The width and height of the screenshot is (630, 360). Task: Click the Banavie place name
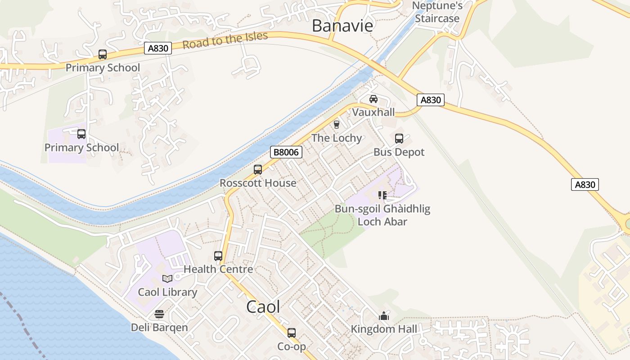click(342, 26)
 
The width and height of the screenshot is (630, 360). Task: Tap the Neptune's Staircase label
click(437, 12)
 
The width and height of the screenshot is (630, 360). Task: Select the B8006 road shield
click(286, 152)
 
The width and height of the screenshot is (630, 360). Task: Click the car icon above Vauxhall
click(373, 99)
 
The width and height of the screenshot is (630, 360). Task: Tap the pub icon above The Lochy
click(336, 125)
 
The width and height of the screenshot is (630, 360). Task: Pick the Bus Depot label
click(399, 152)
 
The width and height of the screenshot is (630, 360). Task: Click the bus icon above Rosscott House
click(258, 170)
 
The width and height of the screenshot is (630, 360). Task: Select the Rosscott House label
click(258, 183)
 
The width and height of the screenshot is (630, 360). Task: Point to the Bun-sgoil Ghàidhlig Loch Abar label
click(382, 215)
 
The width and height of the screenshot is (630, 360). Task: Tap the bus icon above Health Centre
click(218, 256)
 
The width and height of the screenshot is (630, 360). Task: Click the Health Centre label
click(218, 269)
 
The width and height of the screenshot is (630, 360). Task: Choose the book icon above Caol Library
click(167, 279)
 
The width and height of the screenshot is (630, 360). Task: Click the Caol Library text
click(167, 292)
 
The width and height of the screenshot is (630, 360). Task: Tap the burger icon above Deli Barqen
click(159, 314)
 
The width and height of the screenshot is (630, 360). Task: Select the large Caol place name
click(263, 307)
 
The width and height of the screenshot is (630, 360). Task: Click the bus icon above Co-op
click(292, 333)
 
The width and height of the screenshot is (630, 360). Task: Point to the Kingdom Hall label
click(384, 329)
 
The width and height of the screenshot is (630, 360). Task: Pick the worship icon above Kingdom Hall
click(384, 316)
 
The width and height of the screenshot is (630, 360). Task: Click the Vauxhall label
click(373, 112)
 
